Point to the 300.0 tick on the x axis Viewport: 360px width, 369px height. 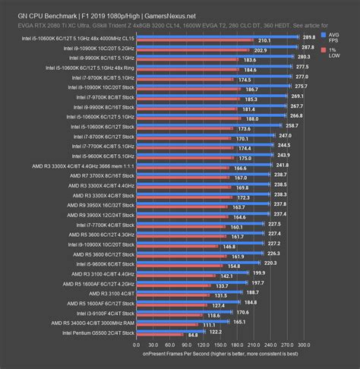pos(305,343)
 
